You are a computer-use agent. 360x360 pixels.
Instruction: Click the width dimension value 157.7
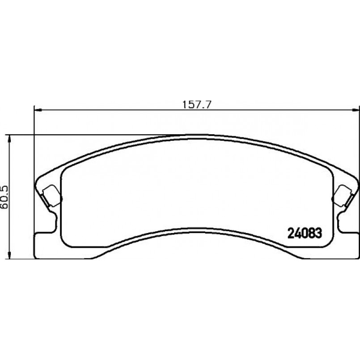click(196, 105)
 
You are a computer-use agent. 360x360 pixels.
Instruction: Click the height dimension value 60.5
click(4, 197)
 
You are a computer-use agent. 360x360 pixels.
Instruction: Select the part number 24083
click(305, 233)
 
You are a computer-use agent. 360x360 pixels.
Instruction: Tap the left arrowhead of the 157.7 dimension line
click(38, 110)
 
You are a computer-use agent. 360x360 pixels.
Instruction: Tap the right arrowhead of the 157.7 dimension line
click(356, 110)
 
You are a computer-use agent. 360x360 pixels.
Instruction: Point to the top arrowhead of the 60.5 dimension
click(9, 139)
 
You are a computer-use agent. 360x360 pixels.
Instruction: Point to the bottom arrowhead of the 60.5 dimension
click(9, 255)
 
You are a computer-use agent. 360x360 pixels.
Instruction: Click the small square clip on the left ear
click(52, 195)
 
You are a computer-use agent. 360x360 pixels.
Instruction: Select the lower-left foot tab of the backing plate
click(45, 246)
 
